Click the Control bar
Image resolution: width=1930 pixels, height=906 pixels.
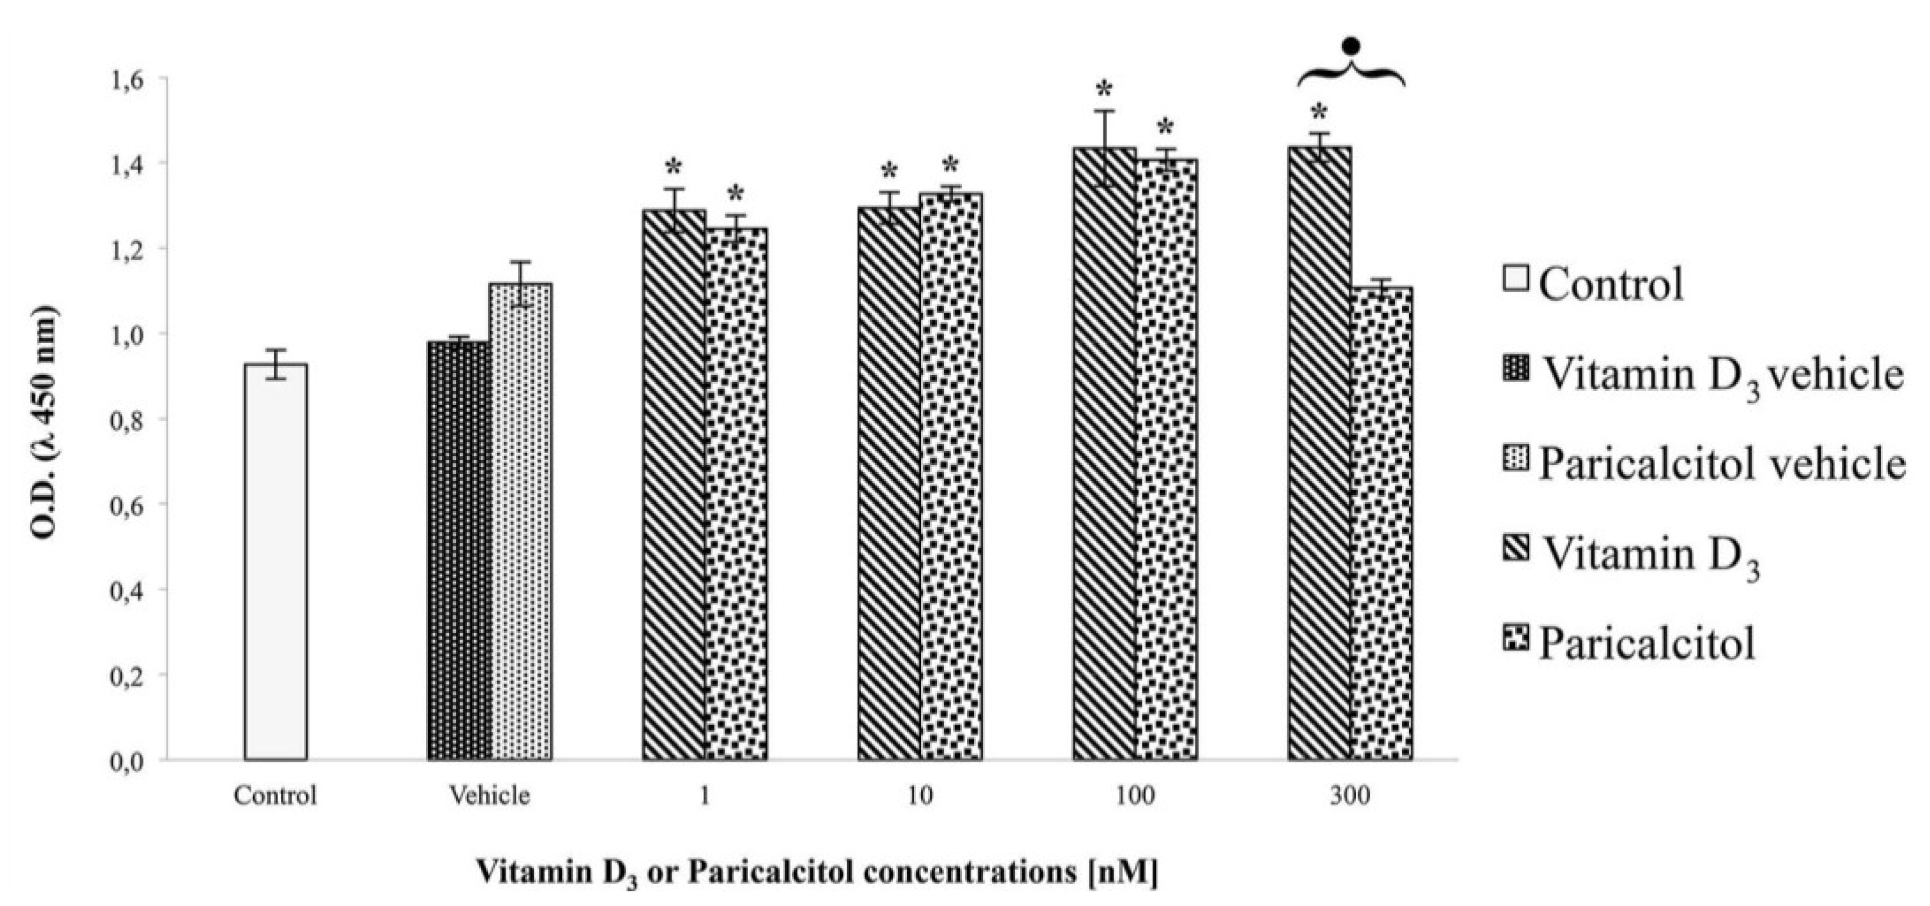pyautogui.click(x=275, y=562)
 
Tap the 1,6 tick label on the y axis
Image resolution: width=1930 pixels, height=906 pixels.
pyautogui.click(x=129, y=79)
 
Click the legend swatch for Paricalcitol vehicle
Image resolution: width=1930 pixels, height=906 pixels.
pyautogui.click(x=1516, y=459)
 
